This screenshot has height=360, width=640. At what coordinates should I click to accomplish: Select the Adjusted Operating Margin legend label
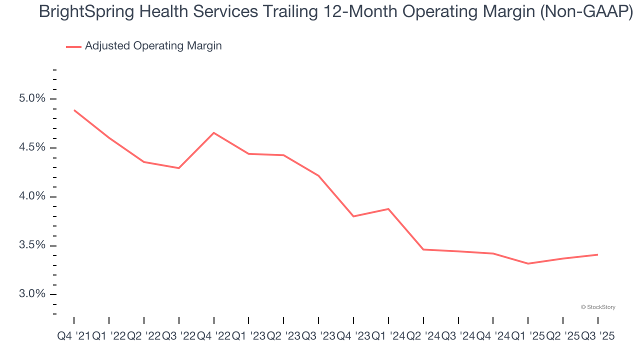153,46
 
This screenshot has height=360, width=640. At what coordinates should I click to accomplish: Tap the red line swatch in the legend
73,46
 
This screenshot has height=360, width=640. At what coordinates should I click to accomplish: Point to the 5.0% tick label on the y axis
31,98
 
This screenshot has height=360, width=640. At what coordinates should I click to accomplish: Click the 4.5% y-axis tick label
31,147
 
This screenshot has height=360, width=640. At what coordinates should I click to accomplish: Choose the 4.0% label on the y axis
31,196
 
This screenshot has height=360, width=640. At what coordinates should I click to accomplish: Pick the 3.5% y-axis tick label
31,245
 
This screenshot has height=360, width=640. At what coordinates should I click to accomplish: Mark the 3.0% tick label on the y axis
31,294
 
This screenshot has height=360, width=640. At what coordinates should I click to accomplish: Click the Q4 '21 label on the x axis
73,336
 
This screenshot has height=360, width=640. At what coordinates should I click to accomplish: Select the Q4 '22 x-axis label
213,336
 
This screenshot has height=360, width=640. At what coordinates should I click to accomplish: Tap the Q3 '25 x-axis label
597,336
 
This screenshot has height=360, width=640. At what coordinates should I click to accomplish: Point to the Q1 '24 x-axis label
388,336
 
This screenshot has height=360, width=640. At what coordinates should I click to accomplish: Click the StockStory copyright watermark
598,307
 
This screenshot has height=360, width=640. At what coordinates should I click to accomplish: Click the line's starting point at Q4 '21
74,110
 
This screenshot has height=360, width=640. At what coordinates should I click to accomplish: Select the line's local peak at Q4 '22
214,132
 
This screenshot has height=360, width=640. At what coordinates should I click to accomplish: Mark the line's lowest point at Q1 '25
528,263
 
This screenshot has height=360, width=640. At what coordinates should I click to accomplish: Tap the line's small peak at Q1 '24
388,208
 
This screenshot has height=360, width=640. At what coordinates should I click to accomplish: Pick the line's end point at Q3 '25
598,254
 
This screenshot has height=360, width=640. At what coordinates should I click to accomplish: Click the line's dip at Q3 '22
179,168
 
